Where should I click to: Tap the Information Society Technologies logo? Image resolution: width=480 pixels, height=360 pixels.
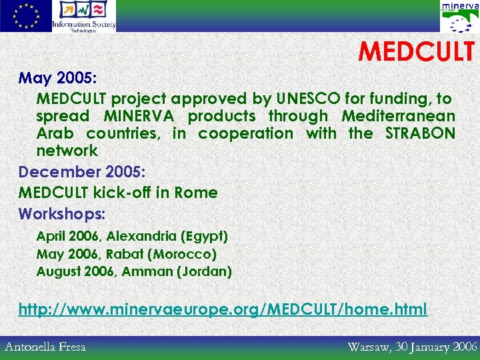(x=84, y=16)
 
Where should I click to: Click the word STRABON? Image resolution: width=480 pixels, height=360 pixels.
(x=420, y=133)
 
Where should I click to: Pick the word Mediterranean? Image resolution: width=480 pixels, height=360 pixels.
(x=399, y=116)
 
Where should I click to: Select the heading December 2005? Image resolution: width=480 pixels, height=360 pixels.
(x=82, y=171)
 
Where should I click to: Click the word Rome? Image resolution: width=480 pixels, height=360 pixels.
(x=195, y=193)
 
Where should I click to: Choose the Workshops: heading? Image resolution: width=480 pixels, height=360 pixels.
(x=62, y=214)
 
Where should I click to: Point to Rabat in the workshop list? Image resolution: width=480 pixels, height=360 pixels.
(x=125, y=254)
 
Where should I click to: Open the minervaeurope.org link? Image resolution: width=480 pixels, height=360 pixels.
(x=223, y=310)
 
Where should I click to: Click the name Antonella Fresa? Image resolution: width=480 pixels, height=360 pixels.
(x=45, y=347)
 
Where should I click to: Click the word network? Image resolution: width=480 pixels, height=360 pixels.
(x=67, y=151)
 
